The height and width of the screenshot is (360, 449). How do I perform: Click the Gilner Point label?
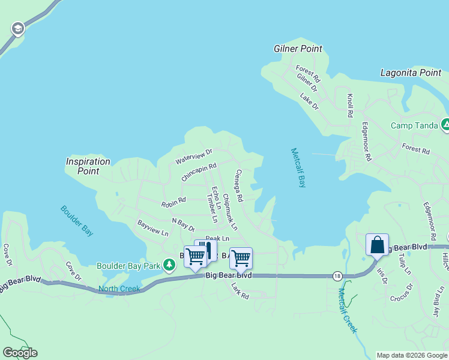coord(298,49)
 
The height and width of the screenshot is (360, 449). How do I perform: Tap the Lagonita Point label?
coord(411,73)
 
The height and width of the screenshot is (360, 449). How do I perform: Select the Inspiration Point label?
coord(88,166)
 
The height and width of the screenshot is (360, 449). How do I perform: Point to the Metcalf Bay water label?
coord(298,167)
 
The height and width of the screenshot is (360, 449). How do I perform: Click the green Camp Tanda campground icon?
coord(445,125)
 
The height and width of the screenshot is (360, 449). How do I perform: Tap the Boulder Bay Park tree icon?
coord(170,265)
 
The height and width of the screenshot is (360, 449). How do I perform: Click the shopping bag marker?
coord(378,245)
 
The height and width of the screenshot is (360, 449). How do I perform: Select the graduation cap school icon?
coord(18,28)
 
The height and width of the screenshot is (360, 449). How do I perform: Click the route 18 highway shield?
coord(338,275)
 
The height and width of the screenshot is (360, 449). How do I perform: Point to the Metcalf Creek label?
coord(347,311)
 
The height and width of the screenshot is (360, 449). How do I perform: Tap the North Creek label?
coord(119,289)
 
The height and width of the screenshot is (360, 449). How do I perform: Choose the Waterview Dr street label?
coord(194,157)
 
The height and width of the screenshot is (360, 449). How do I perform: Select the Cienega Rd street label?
coord(238,185)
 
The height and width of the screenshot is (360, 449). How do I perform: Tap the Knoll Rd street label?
coord(349,105)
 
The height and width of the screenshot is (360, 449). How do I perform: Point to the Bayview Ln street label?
coord(153,228)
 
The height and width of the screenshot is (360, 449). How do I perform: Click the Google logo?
coord(20,353)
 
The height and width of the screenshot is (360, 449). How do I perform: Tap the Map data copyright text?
coord(412,355)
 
